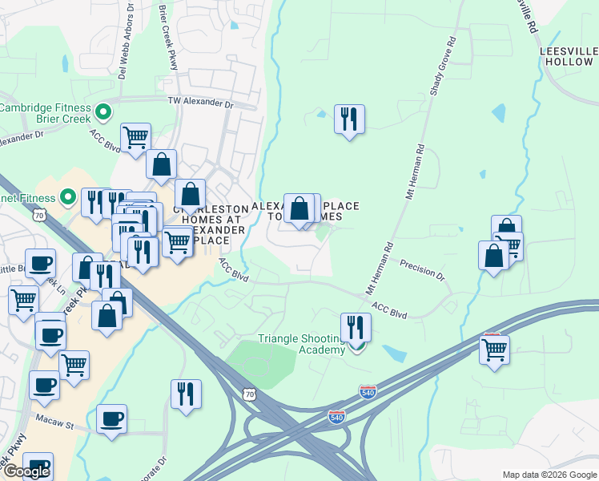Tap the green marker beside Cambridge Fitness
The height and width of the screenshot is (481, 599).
point(103,111)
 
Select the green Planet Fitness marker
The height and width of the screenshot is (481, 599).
point(68,196)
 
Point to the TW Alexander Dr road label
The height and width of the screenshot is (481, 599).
point(199,102)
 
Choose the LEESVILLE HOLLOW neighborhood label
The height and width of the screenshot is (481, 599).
point(568,56)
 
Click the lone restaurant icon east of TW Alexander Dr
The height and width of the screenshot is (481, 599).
point(348,119)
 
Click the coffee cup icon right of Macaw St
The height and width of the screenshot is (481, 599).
point(111,418)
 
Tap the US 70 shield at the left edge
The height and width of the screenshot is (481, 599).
point(38,215)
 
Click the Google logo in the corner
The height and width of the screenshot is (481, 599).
point(26,471)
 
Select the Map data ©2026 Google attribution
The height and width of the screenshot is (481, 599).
point(549,475)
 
